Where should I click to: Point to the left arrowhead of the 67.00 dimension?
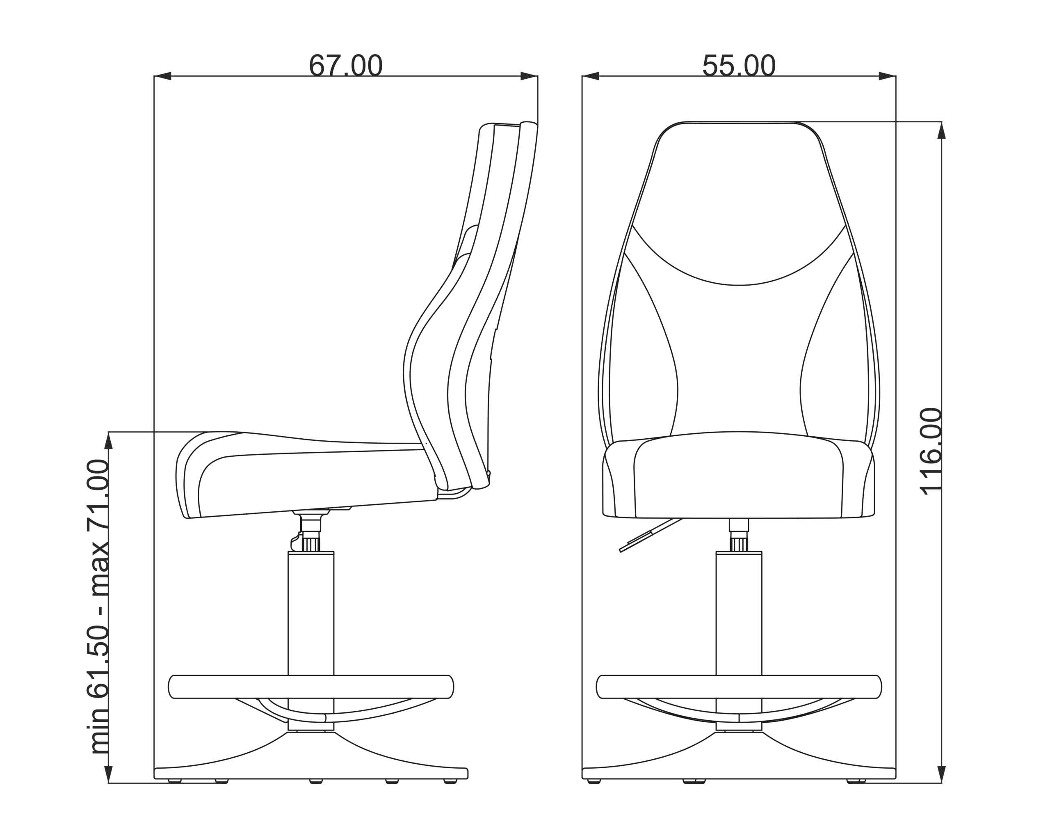(162, 76)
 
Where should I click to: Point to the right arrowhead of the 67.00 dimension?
(529, 76)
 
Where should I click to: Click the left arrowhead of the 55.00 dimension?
(591, 76)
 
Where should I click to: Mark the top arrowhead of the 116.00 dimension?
(941, 131)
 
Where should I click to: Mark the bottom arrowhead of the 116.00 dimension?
(941, 774)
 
